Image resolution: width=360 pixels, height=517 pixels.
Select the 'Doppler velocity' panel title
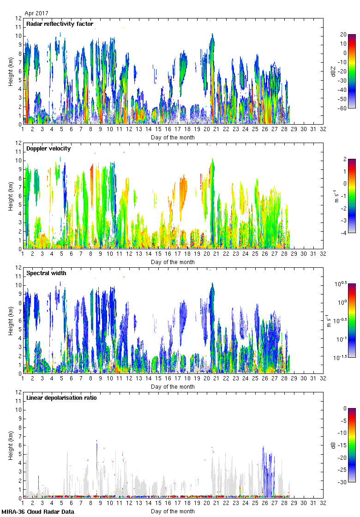[x=47, y=149]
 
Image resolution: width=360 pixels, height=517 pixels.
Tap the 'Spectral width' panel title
[x=46, y=273]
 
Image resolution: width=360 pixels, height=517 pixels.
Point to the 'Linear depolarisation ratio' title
[x=61, y=398]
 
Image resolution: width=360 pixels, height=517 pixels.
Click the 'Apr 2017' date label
[x=36, y=13]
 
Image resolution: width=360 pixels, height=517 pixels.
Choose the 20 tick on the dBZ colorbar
[x=343, y=35]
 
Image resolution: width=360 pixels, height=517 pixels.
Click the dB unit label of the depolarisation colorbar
[x=332, y=445]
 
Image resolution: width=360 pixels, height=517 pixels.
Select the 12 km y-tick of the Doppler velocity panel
[x=19, y=143]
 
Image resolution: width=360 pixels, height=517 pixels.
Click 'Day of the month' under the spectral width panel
[x=173, y=386]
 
